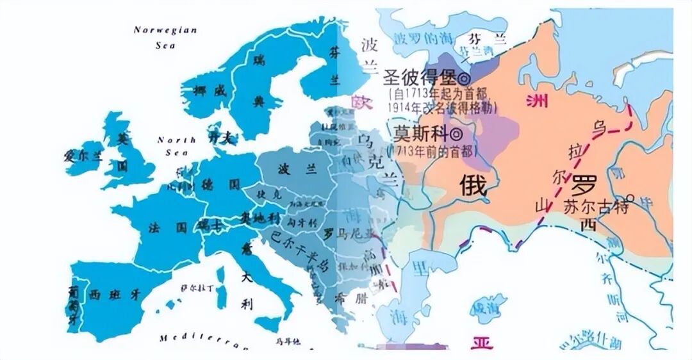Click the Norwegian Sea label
(x=165, y=37)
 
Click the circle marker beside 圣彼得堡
(x=464, y=78)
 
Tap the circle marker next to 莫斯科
(x=455, y=135)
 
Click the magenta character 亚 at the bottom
(x=482, y=343)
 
